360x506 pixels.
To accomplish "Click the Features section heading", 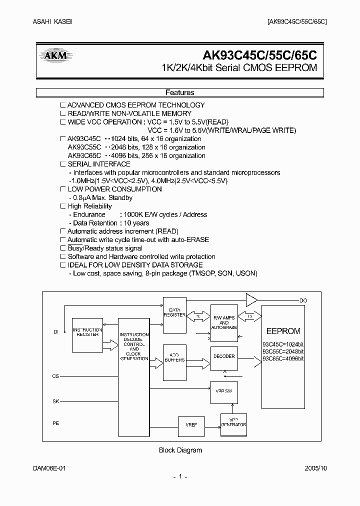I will tap(179, 92).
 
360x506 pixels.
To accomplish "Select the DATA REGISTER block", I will tap(174, 315).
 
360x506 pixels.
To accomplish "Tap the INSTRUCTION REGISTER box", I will tap(87, 332).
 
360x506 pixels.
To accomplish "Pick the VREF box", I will tap(191, 424).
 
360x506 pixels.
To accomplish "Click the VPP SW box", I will tap(224, 390).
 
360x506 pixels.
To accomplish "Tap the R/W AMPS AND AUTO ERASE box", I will tap(224, 320).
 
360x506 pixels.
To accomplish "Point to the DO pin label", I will tap(303, 300).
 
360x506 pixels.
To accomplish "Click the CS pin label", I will tap(56, 375).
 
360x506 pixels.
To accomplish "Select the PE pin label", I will tap(56, 423).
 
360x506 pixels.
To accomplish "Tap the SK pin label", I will tap(56, 400).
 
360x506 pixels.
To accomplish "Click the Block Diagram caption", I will tap(180, 450).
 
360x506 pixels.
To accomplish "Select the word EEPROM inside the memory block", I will tap(283, 331).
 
